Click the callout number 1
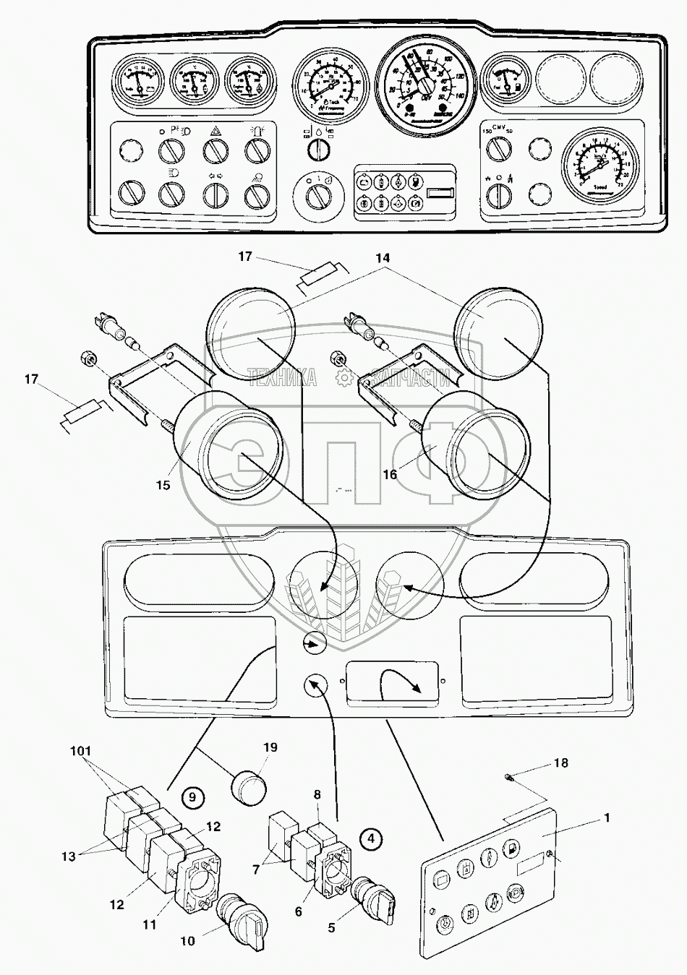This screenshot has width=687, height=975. point(606,818)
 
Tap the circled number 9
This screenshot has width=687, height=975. point(192,797)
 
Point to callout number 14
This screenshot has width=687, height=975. point(382,258)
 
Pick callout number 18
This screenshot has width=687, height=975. point(561,763)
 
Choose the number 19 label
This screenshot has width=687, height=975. point(270,747)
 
